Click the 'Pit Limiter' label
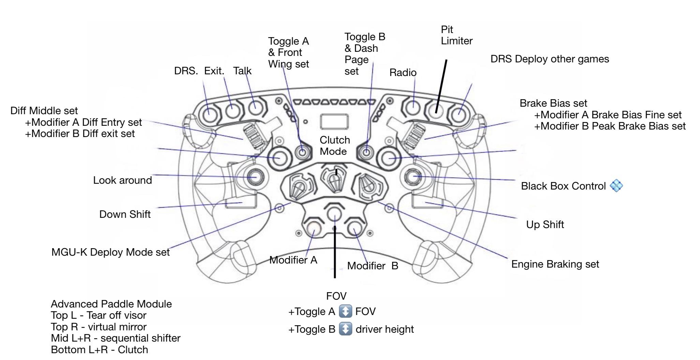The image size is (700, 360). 456,35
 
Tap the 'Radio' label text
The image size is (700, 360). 403,73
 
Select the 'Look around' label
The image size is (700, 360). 122,180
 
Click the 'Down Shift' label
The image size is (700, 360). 125,214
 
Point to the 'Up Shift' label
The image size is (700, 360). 545,225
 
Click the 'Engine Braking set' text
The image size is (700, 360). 555,264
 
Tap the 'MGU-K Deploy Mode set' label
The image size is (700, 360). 110,252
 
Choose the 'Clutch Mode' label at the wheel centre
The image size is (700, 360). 334,146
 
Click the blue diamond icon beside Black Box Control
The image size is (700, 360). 616,186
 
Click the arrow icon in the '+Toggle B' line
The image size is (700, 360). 345,329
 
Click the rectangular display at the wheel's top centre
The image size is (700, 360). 334,122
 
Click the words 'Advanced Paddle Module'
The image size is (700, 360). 111,304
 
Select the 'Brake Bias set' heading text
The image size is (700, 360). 553,103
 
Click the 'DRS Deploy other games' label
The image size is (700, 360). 549,59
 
